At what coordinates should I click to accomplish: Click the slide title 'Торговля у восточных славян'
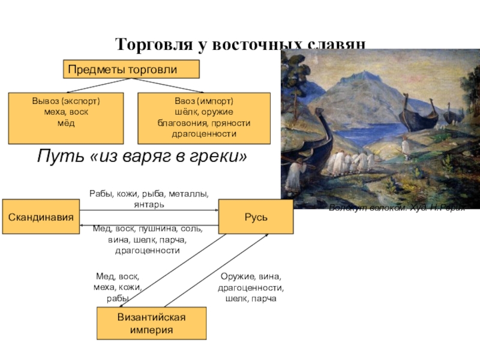240,44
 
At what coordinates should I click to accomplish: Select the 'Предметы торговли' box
131,70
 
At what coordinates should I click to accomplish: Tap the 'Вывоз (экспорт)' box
66,118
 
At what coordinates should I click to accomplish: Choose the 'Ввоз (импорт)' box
204,118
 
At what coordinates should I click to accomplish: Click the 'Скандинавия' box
41,216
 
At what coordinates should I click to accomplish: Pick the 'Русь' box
256,216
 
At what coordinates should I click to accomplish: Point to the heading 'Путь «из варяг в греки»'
142,157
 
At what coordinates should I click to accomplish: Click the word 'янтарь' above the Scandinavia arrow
149,205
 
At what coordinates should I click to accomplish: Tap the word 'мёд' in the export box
66,123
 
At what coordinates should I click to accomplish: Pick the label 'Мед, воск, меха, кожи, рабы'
118,287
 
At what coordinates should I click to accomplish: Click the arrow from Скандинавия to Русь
150,211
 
